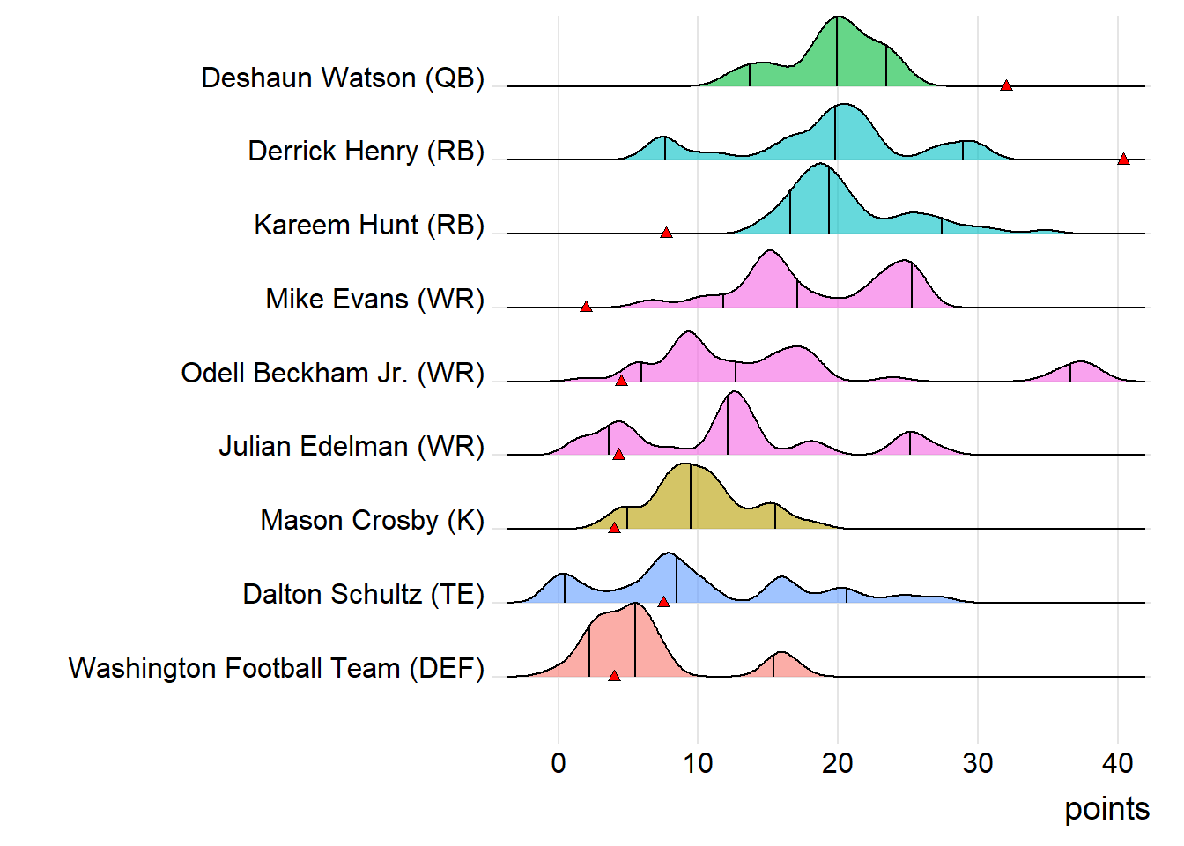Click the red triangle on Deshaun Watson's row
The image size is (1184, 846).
(x=1006, y=85)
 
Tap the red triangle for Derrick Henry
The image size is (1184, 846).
(x=1123, y=160)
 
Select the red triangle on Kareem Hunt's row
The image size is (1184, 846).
(x=666, y=233)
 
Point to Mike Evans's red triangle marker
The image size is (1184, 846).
(x=586, y=307)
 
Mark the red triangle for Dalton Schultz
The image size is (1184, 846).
(x=663, y=602)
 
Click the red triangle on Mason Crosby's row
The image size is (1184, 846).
(x=614, y=528)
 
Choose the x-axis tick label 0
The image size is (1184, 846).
(x=559, y=763)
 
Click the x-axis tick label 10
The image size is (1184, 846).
(x=698, y=763)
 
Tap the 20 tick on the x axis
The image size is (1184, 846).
(x=838, y=763)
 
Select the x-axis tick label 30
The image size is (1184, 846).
(x=978, y=763)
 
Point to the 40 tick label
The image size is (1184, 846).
(x=1117, y=763)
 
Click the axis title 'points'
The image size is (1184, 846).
(x=1106, y=809)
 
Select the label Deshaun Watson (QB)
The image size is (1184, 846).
(x=343, y=78)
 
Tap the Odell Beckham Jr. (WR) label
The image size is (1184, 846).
(x=332, y=373)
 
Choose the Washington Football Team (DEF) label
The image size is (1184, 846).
(x=277, y=668)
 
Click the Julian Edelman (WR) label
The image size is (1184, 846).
(x=351, y=446)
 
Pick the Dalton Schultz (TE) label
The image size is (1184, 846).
(x=363, y=594)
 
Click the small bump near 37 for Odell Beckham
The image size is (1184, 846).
(x=1080, y=371)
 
